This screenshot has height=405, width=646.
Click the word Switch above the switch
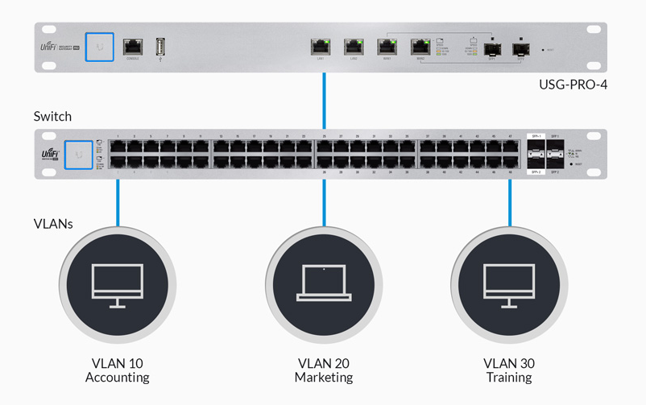pyautogui.click(x=52, y=116)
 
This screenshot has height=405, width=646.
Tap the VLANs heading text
pyautogui.click(x=53, y=223)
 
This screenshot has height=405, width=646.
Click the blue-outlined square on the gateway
pyautogui.click(x=99, y=47)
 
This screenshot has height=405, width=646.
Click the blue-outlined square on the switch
pyautogui.click(x=78, y=154)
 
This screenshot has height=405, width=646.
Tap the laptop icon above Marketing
pyautogui.click(x=324, y=283)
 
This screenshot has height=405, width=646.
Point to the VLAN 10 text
pyautogui.click(x=118, y=363)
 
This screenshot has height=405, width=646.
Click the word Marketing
pyautogui.click(x=324, y=377)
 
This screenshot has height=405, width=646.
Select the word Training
pyautogui.click(x=509, y=377)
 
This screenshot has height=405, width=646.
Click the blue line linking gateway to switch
pyautogui.click(x=324, y=101)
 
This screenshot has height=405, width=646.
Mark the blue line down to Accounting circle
pyautogui.click(x=118, y=201)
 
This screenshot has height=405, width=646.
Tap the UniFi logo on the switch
pyautogui.click(x=51, y=154)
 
